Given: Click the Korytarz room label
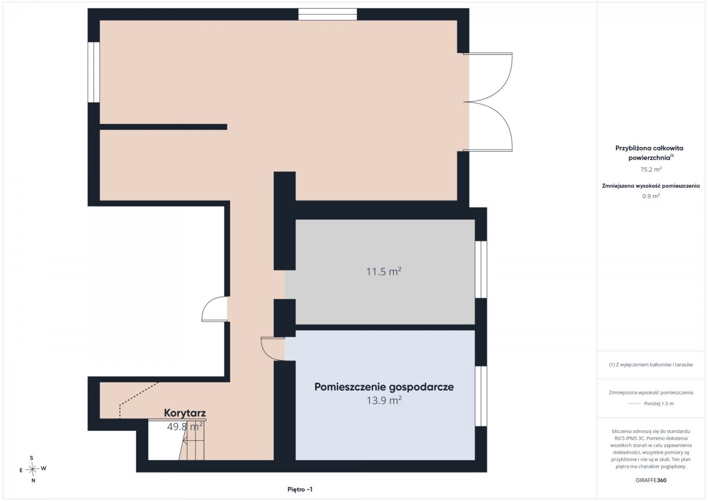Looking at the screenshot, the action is [x=185, y=413].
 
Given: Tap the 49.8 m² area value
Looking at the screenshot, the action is [x=185, y=427].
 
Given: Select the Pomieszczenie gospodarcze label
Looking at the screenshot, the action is [x=384, y=387].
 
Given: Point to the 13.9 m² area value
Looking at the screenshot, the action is [x=384, y=401].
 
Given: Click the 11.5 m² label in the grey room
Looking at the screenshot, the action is [x=383, y=271].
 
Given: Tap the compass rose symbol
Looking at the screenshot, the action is [x=32, y=469].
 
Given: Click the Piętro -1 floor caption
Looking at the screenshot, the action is [x=300, y=489].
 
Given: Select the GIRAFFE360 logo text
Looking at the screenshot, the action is [x=651, y=480].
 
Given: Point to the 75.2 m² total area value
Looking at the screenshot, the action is [x=651, y=169].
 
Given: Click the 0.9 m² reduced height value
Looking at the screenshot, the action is [x=651, y=196].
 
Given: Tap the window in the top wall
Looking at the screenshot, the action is [x=328, y=15].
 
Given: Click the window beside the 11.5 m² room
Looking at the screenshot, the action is [x=481, y=270].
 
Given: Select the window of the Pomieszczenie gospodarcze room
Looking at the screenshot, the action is [x=481, y=396].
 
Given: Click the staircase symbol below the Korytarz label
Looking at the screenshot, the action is [x=192, y=440].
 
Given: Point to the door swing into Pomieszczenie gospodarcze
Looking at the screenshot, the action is [x=272, y=349].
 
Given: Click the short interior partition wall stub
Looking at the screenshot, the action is [x=163, y=127].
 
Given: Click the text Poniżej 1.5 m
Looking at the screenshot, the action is [x=659, y=404].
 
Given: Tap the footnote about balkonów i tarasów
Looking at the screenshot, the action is [x=651, y=365].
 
